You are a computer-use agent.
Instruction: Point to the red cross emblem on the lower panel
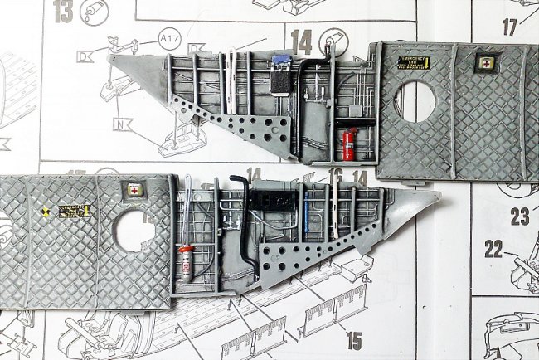pyautogui.click(x=133, y=190)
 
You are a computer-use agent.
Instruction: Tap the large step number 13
pyautogui.click(x=63, y=12)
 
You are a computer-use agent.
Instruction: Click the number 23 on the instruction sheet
pyautogui.click(x=519, y=216)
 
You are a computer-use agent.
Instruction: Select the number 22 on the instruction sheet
pyautogui.click(x=494, y=248)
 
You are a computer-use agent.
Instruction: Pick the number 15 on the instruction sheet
pyautogui.click(x=354, y=339)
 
